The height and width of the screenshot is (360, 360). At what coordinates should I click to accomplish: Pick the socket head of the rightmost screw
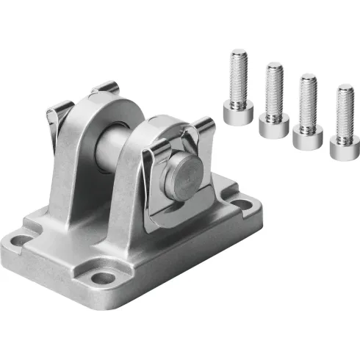pyautogui.click(x=342, y=145)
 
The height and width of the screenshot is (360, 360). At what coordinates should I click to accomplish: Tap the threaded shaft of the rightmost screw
pyautogui.click(x=343, y=110)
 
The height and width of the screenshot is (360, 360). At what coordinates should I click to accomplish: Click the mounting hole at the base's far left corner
pyautogui.click(x=19, y=238)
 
